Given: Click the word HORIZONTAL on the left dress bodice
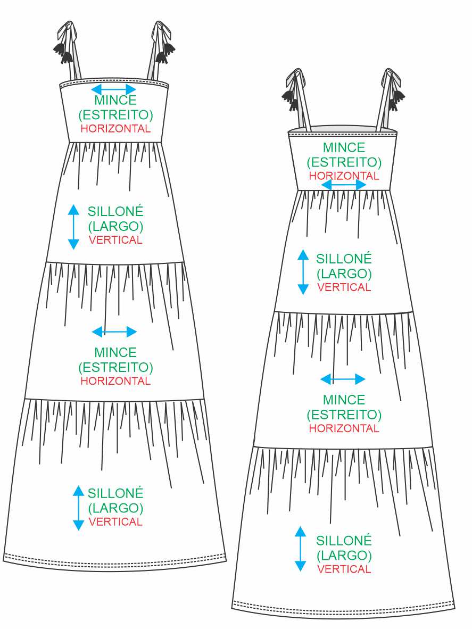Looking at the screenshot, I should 115,129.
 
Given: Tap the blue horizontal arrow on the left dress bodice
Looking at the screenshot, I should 114,89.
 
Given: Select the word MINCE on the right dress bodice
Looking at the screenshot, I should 344,147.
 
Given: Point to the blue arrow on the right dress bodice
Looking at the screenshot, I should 344,185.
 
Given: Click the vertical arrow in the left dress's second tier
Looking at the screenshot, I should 73,227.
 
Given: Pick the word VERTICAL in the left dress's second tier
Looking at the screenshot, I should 115,240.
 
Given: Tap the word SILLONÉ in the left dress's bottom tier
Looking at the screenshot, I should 115,493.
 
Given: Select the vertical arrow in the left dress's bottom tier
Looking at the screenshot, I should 79,508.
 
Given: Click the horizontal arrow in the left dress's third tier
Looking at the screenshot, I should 114,332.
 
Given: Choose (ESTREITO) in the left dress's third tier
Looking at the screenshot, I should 115,367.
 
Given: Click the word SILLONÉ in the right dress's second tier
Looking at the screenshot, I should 344,259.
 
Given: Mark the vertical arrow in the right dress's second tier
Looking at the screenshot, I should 303,272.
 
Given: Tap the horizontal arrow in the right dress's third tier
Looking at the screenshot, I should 343,379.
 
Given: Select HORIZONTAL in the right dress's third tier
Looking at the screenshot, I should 344,428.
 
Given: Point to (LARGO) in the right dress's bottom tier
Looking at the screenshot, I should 344,555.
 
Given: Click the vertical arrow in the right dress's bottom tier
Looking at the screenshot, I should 301,549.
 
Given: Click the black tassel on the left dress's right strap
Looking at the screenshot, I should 166,51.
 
